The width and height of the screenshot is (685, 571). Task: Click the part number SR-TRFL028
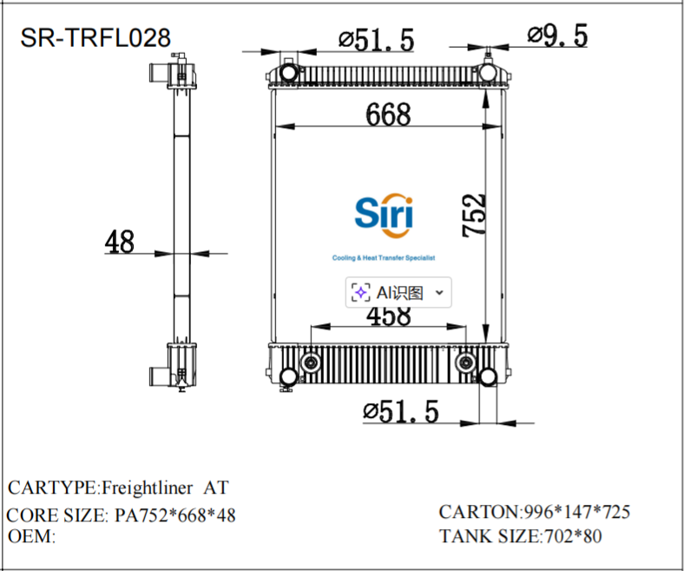coord(96,37)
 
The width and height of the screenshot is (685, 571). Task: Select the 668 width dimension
coord(387,114)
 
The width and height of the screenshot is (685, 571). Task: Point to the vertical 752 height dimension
coord(474,215)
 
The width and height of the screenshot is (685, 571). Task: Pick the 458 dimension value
coord(388,315)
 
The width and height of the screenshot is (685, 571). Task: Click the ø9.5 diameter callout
coord(557,36)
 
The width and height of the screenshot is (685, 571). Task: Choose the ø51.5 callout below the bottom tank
coord(401,411)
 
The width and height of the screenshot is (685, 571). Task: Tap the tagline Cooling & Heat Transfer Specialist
coord(383,258)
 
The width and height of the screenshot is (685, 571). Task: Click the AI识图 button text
coord(399,293)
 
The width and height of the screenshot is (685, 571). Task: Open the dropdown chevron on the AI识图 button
coord(438,293)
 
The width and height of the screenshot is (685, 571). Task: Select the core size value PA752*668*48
coord(175,515)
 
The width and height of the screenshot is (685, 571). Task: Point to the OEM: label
coord(31,536)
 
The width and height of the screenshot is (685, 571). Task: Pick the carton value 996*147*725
coord(575,511)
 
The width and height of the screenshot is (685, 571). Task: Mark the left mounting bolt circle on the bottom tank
coord(309,362)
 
